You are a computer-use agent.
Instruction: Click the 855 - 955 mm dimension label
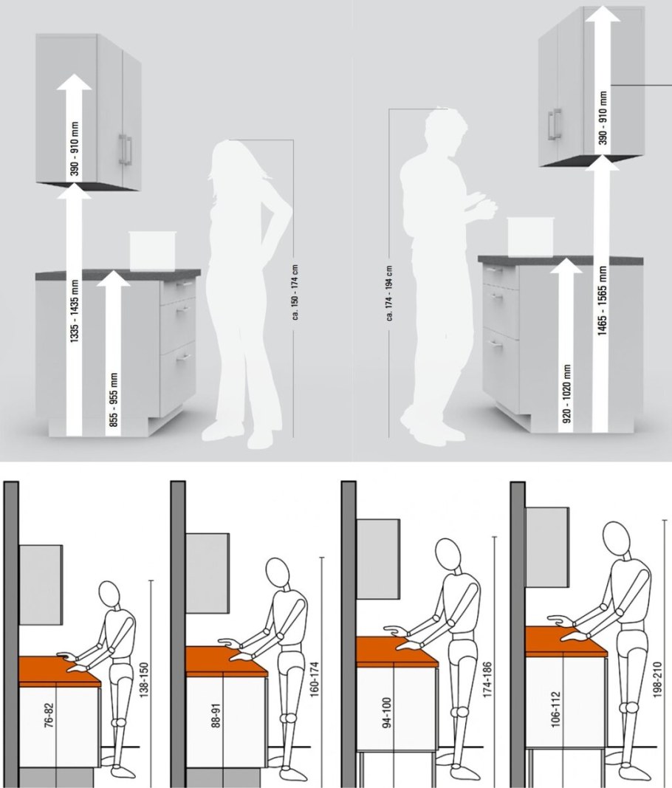point(114,400)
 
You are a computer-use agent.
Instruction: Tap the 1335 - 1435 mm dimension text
point(75,312)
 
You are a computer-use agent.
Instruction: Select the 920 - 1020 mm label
point(567,394)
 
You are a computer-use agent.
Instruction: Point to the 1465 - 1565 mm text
point(602,301)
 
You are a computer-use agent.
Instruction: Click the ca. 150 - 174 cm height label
point(295,292)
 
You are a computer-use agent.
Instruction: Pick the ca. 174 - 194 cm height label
point(390,293)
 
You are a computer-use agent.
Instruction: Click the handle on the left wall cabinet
point(125,149)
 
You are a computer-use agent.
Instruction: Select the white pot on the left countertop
point(152,251)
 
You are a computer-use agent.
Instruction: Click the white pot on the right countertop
point(531,236)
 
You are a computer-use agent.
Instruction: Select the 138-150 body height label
point(144,680)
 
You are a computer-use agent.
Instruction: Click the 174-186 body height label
point(487,679)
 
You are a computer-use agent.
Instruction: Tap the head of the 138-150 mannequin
point(110,595)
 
